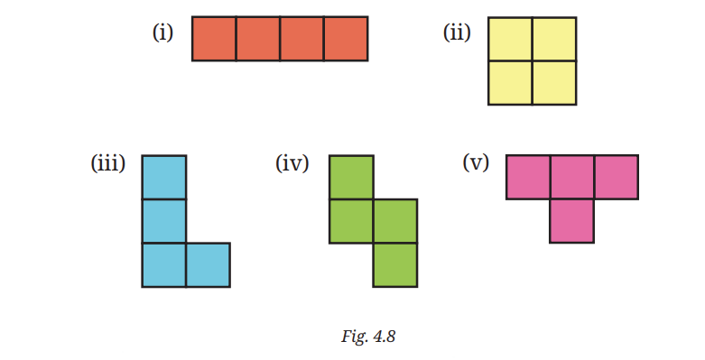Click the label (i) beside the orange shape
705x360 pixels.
(x=162, y=32)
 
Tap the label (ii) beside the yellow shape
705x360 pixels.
(x=457, y=32)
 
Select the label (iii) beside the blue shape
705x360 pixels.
(x=108, y=162)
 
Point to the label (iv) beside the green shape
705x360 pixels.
(x=292, y=162)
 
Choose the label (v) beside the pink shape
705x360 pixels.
(x=476, y=162)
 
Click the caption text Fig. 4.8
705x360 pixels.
(x=368, y=337)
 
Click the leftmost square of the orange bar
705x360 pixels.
(x=214, y=39)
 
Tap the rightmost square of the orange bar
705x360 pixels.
(x=346, y=39)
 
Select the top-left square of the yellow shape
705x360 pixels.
(x=510, y=39)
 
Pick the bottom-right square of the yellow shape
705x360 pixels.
(x=554, y=83)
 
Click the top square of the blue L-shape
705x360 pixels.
(x=164, y=177)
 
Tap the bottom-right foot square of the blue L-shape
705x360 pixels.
(x=209, y=264)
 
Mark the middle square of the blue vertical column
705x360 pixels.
(x=164, y=221)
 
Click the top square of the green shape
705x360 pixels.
(x=351, y=177)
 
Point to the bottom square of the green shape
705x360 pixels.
(x=395, y=264)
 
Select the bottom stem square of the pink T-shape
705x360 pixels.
(x=572, y=221)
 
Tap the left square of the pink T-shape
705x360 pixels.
(x=528, y=177)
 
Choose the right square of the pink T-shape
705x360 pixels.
(x=616, y=177)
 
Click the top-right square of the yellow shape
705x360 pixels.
(x=554, y=39)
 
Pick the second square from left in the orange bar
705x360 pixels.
(x=258, y=39)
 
